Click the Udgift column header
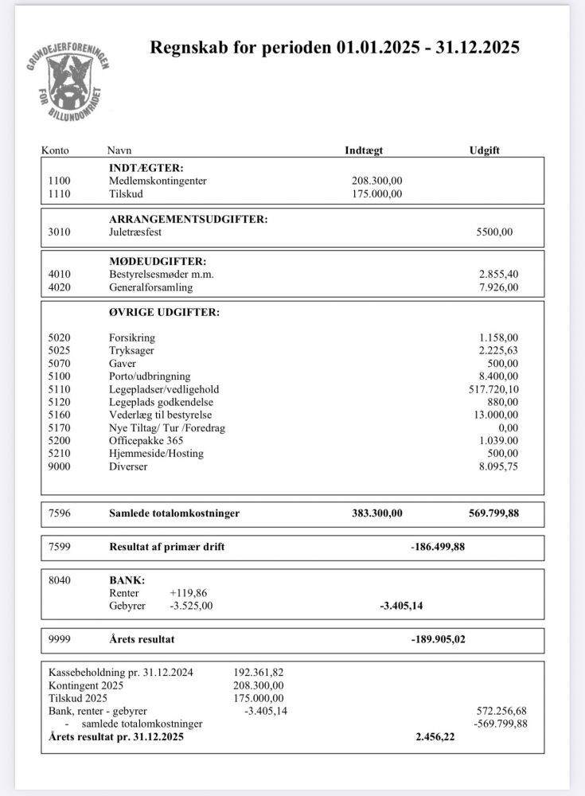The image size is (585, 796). click(485, 150)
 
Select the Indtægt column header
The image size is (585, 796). click(365, 150)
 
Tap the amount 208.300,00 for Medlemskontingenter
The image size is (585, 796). click(376, 181)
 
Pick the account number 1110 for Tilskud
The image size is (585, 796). click(60, 193)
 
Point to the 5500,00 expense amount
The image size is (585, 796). click(494, 232)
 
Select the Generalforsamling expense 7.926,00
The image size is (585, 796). click(498, 287)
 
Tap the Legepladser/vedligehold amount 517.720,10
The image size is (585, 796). click(493, 389)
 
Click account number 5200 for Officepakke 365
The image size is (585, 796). click(60, 440)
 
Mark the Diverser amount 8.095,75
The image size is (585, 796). click(498, 466)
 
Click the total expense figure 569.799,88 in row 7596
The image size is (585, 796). click(493, 513)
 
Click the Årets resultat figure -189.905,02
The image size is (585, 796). click(437, 639)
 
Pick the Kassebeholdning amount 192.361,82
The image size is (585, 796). click(258, 672)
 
